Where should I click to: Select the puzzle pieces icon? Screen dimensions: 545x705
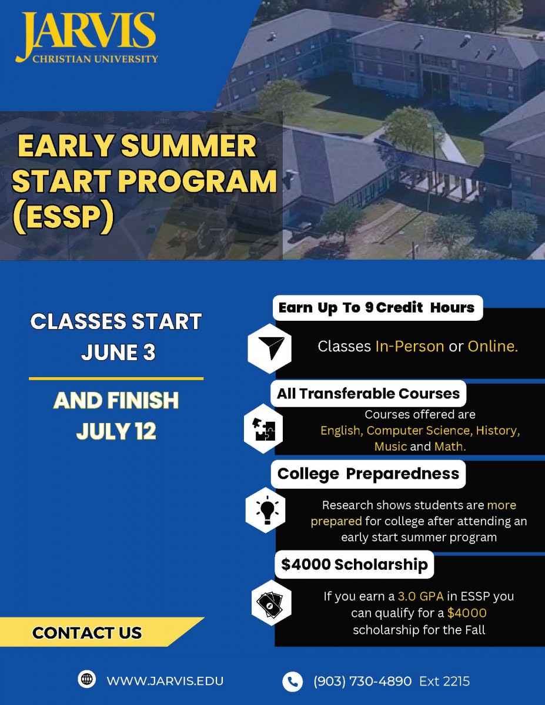point(264,429)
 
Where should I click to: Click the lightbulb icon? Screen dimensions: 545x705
point(267,510)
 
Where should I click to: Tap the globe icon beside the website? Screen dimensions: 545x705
point(86,679)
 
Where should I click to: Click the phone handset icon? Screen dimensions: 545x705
point(292,681)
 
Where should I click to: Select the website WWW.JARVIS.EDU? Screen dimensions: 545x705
point(165,681)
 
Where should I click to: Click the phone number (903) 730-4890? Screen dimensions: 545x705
point(362,681)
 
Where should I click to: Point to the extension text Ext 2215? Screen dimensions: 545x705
point(444,681)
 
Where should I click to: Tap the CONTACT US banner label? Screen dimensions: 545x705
point(87,633)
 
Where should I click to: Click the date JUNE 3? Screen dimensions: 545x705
point(118,352)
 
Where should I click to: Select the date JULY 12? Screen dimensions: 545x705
point(116,431)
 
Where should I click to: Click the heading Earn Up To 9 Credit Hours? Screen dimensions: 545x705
point(376,308)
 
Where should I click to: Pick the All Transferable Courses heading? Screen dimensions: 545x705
point(369,394)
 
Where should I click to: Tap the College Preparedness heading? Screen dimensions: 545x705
point(369,474)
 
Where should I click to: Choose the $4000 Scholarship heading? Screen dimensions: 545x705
point(355,564)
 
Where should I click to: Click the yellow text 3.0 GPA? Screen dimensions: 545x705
point(421,596)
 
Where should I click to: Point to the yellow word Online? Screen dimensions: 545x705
point(493,347)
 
